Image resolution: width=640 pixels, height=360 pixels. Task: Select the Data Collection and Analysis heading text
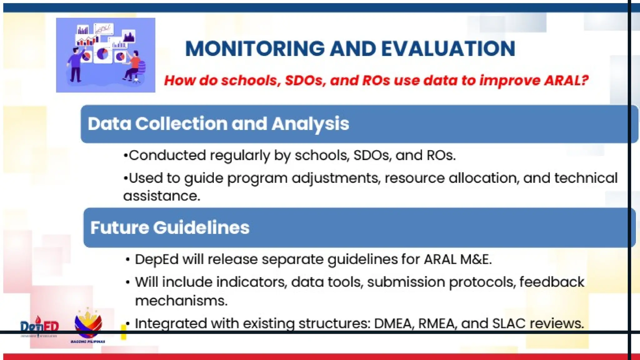pos(218,124)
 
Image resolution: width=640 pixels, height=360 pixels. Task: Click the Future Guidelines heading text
pos(170,227)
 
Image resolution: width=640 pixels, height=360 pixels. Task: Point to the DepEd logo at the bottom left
pos(39,327)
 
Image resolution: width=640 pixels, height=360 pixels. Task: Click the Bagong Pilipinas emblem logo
pos(88,325)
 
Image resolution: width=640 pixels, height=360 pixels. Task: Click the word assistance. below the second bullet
pos(162,196)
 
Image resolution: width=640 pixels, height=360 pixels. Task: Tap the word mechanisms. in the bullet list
pos(181,301)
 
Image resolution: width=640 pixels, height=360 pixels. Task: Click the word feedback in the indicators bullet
pos(552,282)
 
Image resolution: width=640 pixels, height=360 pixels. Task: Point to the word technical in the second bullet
pos(586,178)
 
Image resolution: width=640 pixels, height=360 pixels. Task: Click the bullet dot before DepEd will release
pos(127,260)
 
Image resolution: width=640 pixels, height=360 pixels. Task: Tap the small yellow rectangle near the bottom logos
pos(123,332)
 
